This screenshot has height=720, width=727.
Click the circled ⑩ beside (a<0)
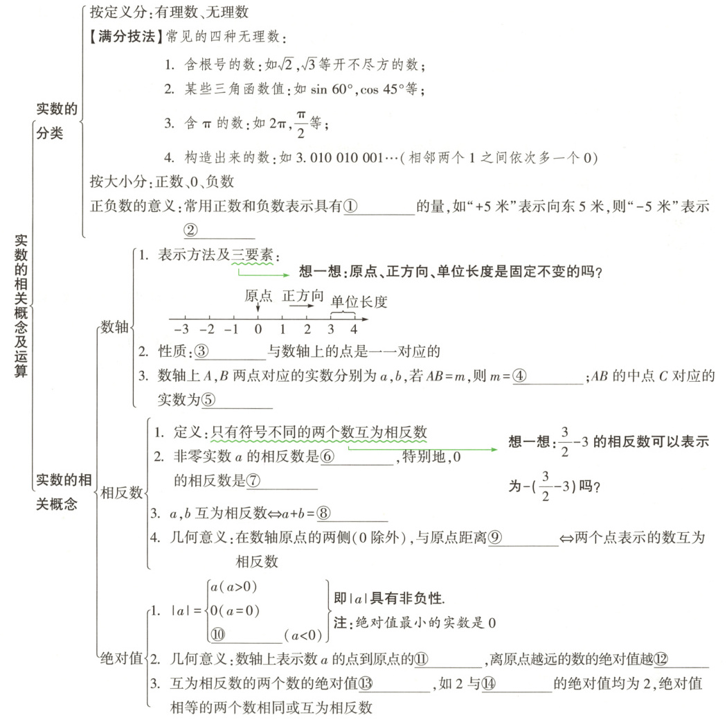[x=217, y=633]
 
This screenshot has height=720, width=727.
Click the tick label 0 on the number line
[x=258, y=330]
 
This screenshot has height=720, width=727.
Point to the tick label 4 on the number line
[x=353, y=330]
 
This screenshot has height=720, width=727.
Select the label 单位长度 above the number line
[x=358, y=301]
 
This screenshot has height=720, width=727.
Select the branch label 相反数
[x=121, y=492]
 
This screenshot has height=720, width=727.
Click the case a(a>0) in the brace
[x=233, y=586]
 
